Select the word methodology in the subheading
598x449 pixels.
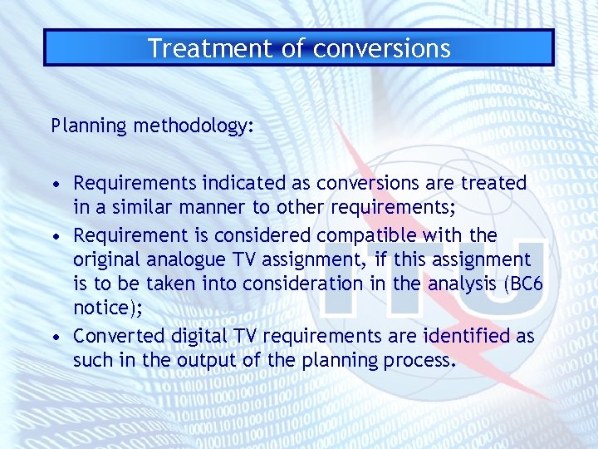[189, 126]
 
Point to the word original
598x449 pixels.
[105, 259]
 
